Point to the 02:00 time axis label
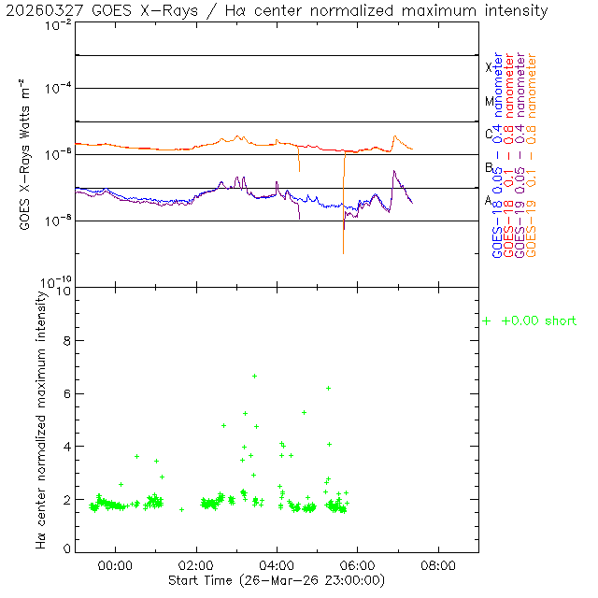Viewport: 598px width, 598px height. [x=196, y=565]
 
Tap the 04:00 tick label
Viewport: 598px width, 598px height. [x=278, y=565]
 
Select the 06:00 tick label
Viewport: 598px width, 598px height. [x=358, y=565]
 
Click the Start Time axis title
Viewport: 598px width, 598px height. [x=277, y=580]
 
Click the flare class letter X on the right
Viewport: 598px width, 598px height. [x=489, y=67]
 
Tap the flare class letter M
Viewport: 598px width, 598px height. [x=489, y=101]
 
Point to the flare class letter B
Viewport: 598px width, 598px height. [x=489, y=167]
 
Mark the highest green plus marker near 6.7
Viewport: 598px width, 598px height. [x=254, y=376]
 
